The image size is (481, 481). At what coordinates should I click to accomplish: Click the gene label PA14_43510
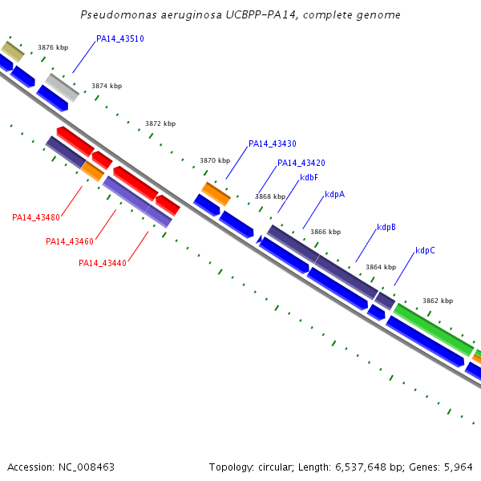tap(120, 38)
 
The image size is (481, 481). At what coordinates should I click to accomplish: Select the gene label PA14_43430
tap(273, 144)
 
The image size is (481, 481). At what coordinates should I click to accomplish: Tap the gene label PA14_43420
tap(301, 164)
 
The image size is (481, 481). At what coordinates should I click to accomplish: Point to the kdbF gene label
tap(309, 178)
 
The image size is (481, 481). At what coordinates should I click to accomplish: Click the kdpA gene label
tap(335, 195)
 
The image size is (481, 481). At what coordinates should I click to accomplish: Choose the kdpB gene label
tap(386, 228)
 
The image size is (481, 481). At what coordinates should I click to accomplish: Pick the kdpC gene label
tap(426, 251)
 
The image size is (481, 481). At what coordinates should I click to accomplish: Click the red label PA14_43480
tap(36, 218)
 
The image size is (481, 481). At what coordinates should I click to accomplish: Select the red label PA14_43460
tap(70, 242)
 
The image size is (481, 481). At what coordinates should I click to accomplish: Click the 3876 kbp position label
tap(53, 48)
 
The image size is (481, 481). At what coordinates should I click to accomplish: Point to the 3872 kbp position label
tap(160, 124)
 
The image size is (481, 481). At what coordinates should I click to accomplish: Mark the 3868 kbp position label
tap(270, 196)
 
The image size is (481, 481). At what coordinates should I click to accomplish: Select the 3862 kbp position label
tap(438, 301)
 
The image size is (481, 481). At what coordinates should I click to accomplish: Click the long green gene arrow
tap(433, 329)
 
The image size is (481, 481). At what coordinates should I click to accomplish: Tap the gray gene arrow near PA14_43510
tap(62, 87)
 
